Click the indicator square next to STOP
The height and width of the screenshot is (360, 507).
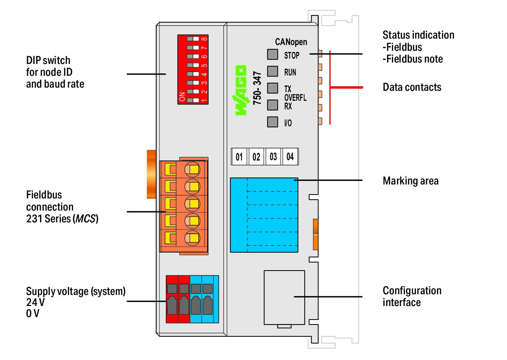coord(273,54)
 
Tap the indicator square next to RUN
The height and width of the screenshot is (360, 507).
coord(273,71)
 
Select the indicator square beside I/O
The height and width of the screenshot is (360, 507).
coord(273,122)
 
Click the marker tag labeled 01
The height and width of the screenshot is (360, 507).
coord(239,157)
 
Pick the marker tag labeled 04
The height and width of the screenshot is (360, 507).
coord(290,157)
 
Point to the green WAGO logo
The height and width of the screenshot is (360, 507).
coord(241,90)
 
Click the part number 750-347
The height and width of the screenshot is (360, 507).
coord(257,88)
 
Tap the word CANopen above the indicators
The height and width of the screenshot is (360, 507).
coord(291,42)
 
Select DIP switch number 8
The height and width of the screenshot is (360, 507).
coord(193,39)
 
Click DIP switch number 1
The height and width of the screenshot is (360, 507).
coord(193,100)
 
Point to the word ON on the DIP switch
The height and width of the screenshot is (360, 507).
coord(182,97)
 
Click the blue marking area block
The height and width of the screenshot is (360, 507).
coord(264,215)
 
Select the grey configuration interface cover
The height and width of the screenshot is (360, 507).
coord(284,297)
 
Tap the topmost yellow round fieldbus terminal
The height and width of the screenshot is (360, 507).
coord(192,169)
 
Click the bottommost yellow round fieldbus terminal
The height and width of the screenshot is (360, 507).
coord(192,238)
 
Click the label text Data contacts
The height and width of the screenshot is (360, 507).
coord(412,87)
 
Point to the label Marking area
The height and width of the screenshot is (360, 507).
coord(411,181)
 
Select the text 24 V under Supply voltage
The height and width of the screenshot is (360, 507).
coord(35,302)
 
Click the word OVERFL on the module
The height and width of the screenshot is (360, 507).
coord(295,98)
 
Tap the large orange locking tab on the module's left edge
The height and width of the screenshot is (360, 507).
coord(151,174)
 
